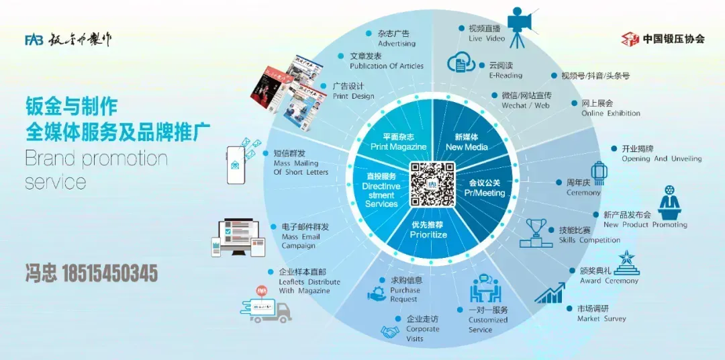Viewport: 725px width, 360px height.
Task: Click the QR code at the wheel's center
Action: click(x=433, y=184)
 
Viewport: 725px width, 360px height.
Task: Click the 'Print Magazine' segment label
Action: click(x=399, y=142)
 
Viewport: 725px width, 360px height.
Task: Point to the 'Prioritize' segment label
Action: click(x=428, y=230)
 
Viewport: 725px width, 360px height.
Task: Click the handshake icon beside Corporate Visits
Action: click(x=390, y=332)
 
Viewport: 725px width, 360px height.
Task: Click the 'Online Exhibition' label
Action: click(x=610, y=108)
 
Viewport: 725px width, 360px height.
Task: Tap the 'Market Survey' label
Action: click(x=601, y=314)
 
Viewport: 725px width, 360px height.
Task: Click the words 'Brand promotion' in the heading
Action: click(x=96, y=159)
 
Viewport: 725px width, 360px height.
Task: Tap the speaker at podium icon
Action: click(x=669, y=203)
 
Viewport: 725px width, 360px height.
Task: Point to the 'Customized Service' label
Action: click(x=488, y=320)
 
